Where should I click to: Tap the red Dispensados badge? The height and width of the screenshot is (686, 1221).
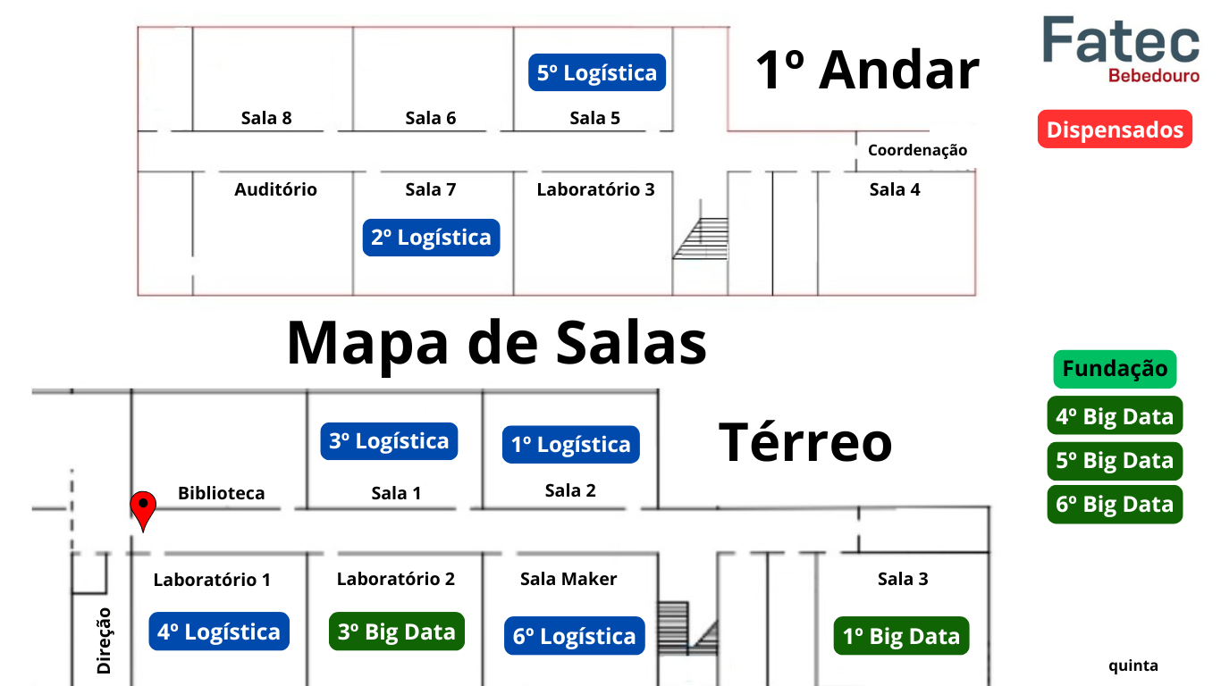point(1115,130)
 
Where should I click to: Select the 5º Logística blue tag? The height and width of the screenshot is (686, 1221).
point(597,72)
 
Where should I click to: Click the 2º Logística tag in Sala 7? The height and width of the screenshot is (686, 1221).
point(431,238)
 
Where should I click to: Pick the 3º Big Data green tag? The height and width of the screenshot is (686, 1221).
point(397,632)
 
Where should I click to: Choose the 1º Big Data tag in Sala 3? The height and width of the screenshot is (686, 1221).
point(902,636)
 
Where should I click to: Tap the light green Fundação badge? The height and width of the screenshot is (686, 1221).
point(1115,369)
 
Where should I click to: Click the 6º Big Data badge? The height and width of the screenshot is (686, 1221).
point(1115,505)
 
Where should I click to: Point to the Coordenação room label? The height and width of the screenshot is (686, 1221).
point(917,150)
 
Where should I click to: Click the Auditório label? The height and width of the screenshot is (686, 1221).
point(276,189)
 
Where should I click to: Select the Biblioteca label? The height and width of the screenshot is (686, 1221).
point(222,493)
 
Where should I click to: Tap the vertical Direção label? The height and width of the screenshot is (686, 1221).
point(104,640)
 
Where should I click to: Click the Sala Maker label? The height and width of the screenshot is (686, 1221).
point(568,579)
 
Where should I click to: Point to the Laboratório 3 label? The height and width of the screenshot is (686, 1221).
point(596,189)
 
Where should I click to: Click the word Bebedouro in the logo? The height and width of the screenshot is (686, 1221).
point(1154,76)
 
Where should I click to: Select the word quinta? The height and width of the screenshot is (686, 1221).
point(1133,665)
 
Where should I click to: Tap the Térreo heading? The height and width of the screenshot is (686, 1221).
point(805,442)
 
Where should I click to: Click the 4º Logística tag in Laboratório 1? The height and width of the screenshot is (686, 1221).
point(219,632)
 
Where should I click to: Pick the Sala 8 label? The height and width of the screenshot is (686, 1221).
point(266,118)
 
